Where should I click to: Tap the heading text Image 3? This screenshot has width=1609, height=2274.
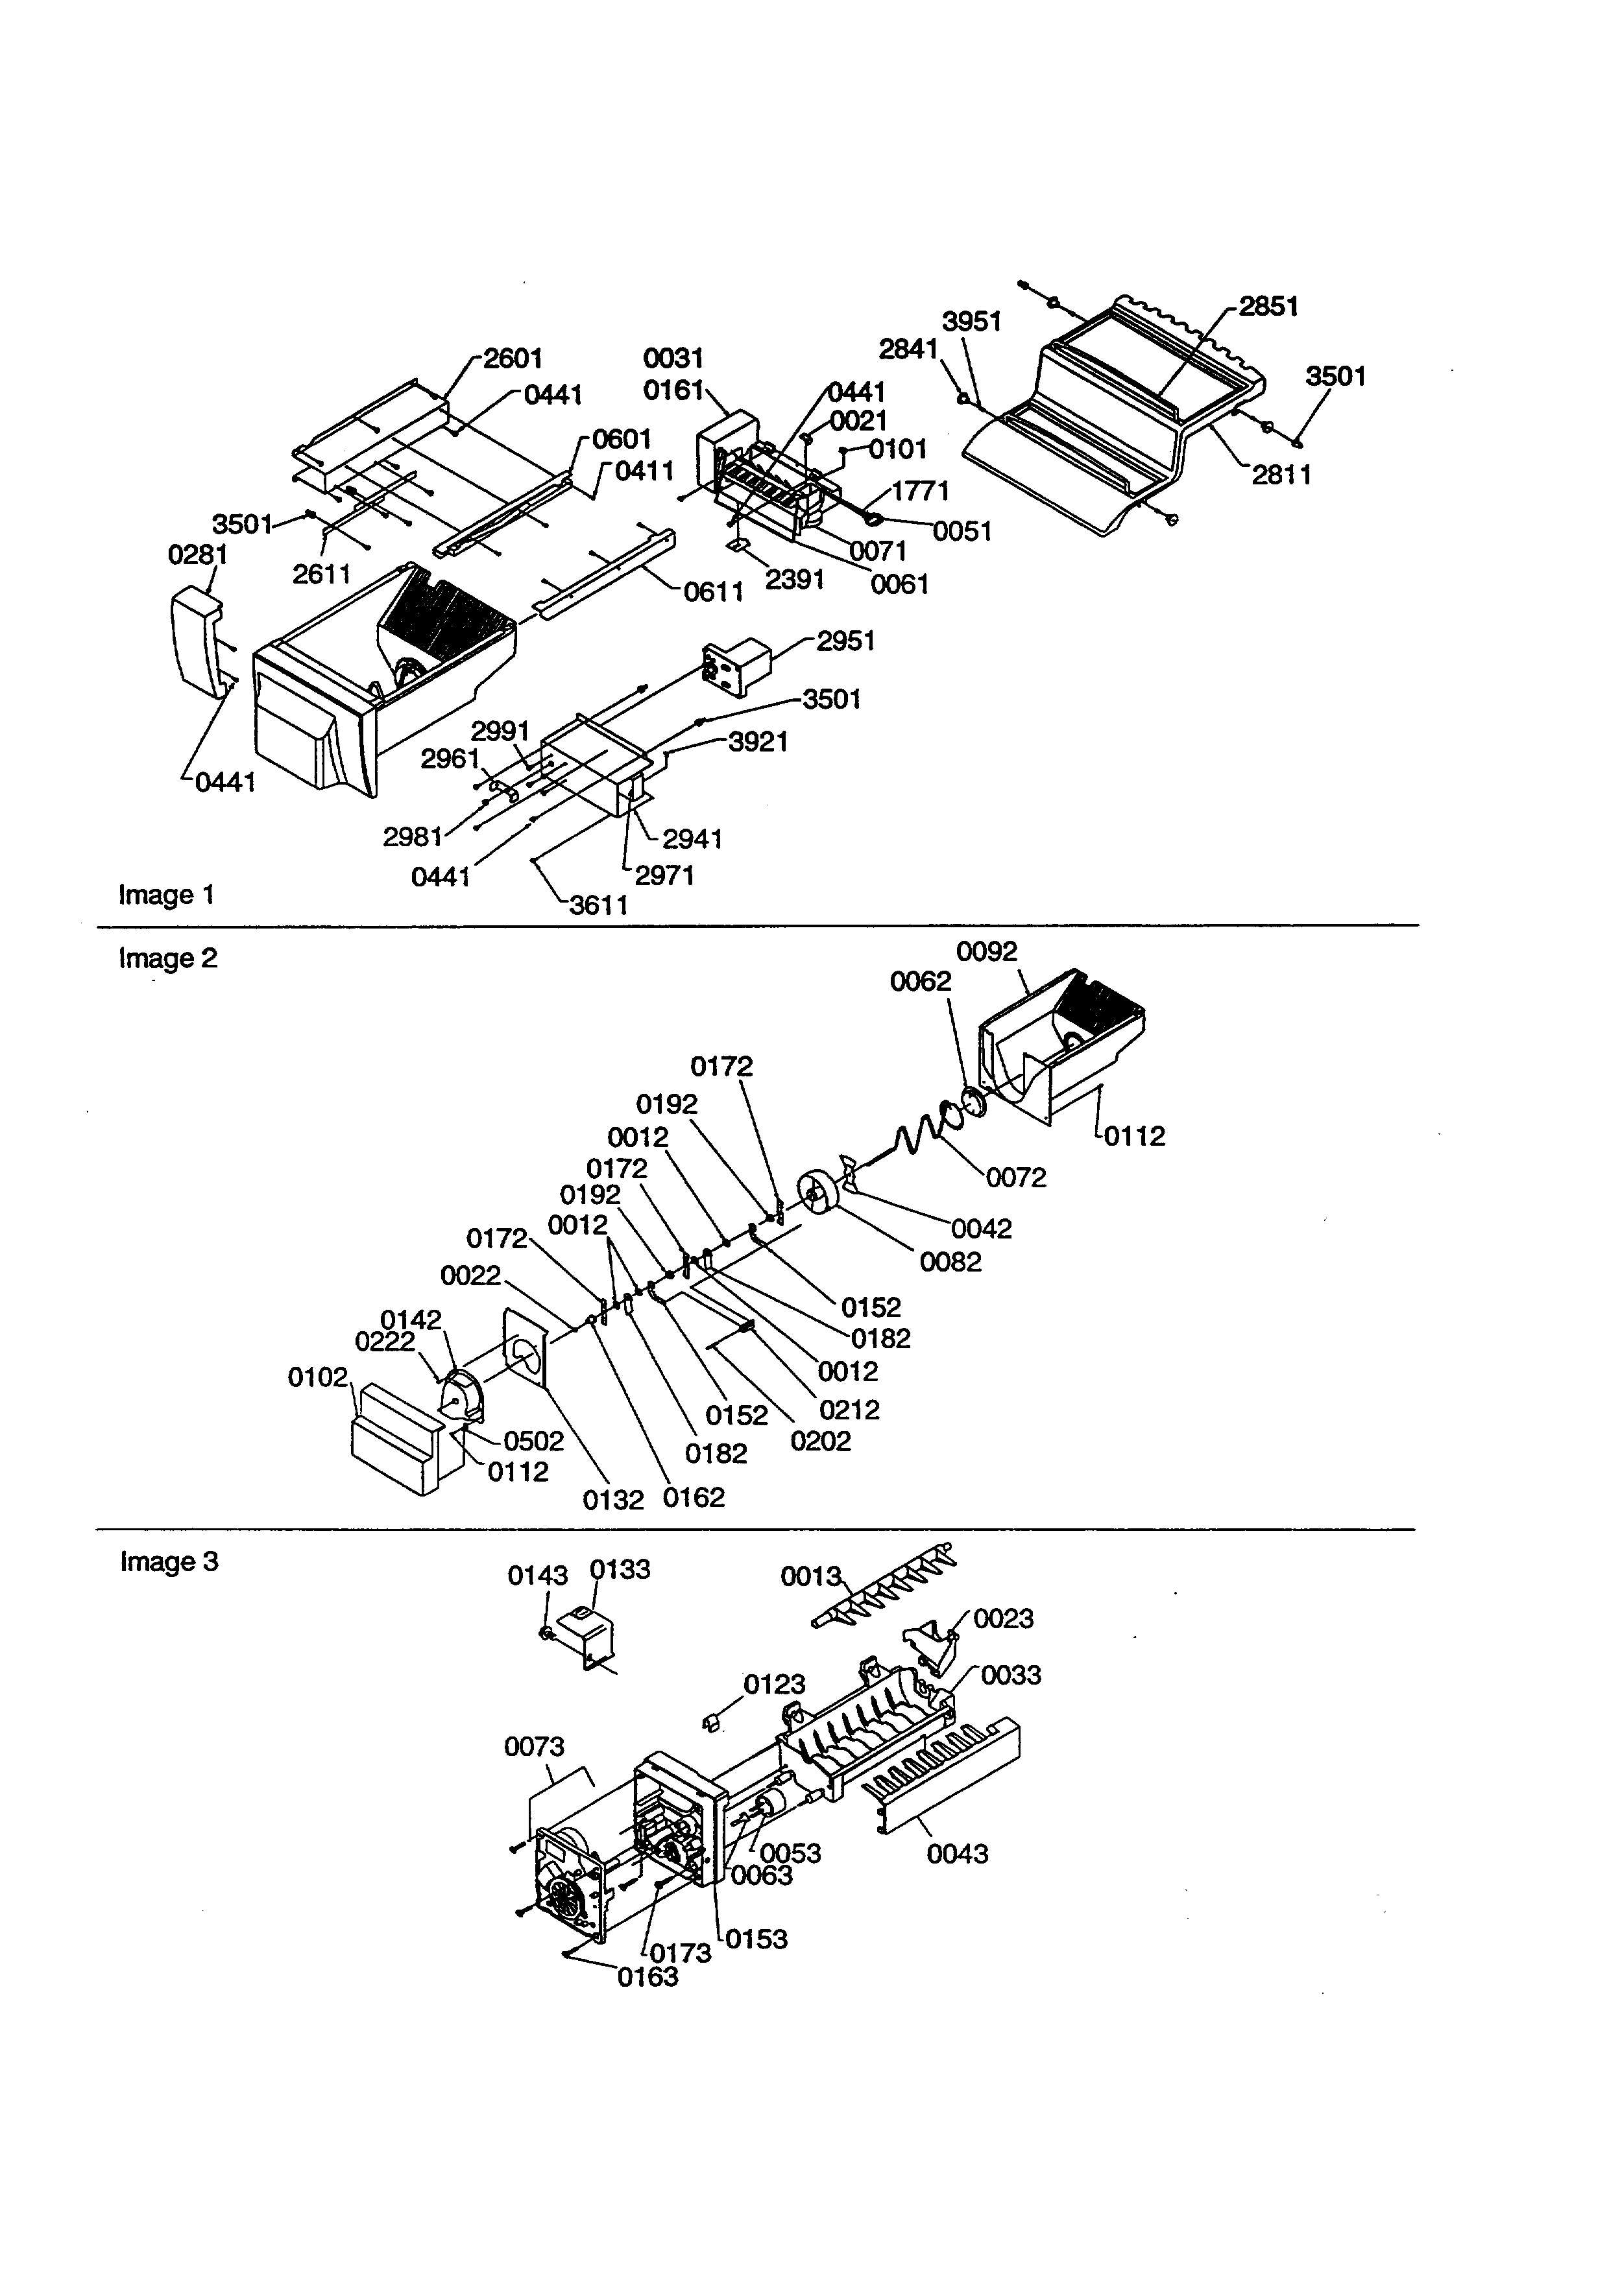(x=169, y=1562)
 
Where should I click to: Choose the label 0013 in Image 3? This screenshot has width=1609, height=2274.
(x=810, y=1576)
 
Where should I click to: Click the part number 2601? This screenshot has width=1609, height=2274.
(x=513, y=359)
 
